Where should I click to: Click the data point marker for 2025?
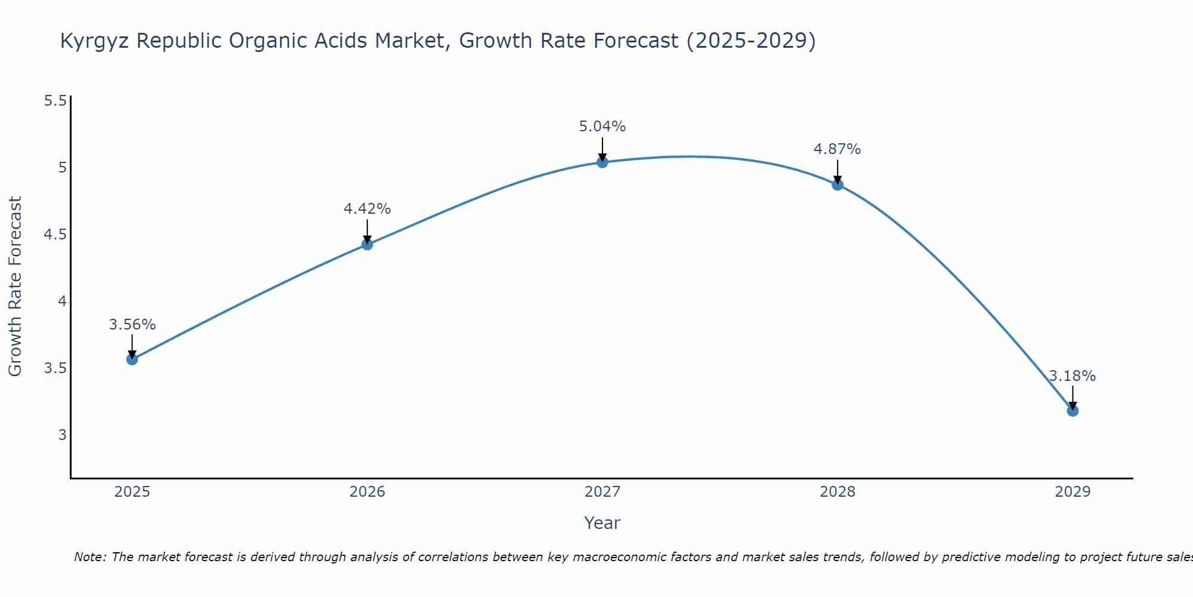coord(132,359)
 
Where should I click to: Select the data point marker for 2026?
coord(367,244)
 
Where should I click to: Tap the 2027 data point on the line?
coord(602,162)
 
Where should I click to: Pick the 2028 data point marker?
coord(837,184)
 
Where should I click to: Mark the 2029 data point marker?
coord(1072,411)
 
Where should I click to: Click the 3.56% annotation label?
coord(132,325)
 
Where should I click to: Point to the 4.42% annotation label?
coord(367,209)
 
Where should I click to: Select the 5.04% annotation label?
coord(602,127)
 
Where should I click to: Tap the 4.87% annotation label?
coord(837,149)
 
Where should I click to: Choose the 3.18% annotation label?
coord(1072,376)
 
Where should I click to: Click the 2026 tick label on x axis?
coord(367,492)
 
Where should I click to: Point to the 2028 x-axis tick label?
coord(837,492)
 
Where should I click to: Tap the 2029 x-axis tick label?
coord(1072,492)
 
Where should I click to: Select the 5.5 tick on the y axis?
coord(55,101)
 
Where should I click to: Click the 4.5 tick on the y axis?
coord(55,235)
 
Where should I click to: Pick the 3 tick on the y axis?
coord(62,435)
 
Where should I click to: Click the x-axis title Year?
coord(602,523)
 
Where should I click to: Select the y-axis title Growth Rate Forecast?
coord(16,287)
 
